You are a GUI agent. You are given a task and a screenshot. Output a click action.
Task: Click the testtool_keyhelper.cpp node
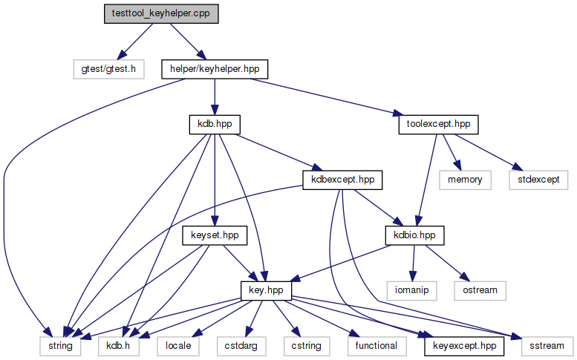click(x=161, y=14)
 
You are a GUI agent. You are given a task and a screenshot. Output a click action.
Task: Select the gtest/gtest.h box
click(x=108, y=69)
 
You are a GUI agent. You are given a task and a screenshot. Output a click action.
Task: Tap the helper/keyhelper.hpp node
click(x=215, y=69)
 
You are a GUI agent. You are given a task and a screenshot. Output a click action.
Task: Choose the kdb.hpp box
click(x=215, y=125)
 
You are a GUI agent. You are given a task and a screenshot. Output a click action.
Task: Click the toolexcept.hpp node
click(x=438, y=125)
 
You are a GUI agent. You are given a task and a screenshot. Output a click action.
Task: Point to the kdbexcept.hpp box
click(x=342, y=180)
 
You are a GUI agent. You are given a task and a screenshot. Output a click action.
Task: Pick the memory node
click(x=465, y=180)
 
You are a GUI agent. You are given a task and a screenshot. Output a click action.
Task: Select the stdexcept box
click(x=538, y=180)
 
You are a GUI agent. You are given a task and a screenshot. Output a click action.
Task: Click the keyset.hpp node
click(x=215, y=236)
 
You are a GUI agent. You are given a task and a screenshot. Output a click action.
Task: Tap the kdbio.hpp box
click(x=414, y=236)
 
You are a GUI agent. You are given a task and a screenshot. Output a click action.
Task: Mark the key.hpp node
click(x=266, y=291)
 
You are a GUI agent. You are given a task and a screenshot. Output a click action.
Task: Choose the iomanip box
click(x=412, y=291)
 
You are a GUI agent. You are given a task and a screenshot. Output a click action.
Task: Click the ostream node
click(x=480, y=291)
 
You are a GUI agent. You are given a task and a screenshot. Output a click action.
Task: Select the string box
click(x=60, y=347)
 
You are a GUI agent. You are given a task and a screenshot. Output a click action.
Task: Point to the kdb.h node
click(x=119, y=347)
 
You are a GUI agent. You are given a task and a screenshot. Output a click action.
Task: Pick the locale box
click(x=178, y=347)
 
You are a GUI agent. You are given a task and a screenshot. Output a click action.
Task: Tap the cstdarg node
click(x=241, y=347)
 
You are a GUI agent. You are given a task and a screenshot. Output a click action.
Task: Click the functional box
click(x=376, y=347)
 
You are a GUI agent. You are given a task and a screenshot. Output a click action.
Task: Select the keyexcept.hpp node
click(x=464, y=347)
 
